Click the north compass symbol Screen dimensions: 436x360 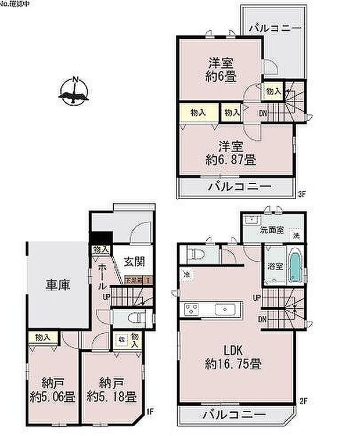74,92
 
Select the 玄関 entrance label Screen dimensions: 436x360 134,261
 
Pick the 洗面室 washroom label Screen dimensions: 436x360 272,230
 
